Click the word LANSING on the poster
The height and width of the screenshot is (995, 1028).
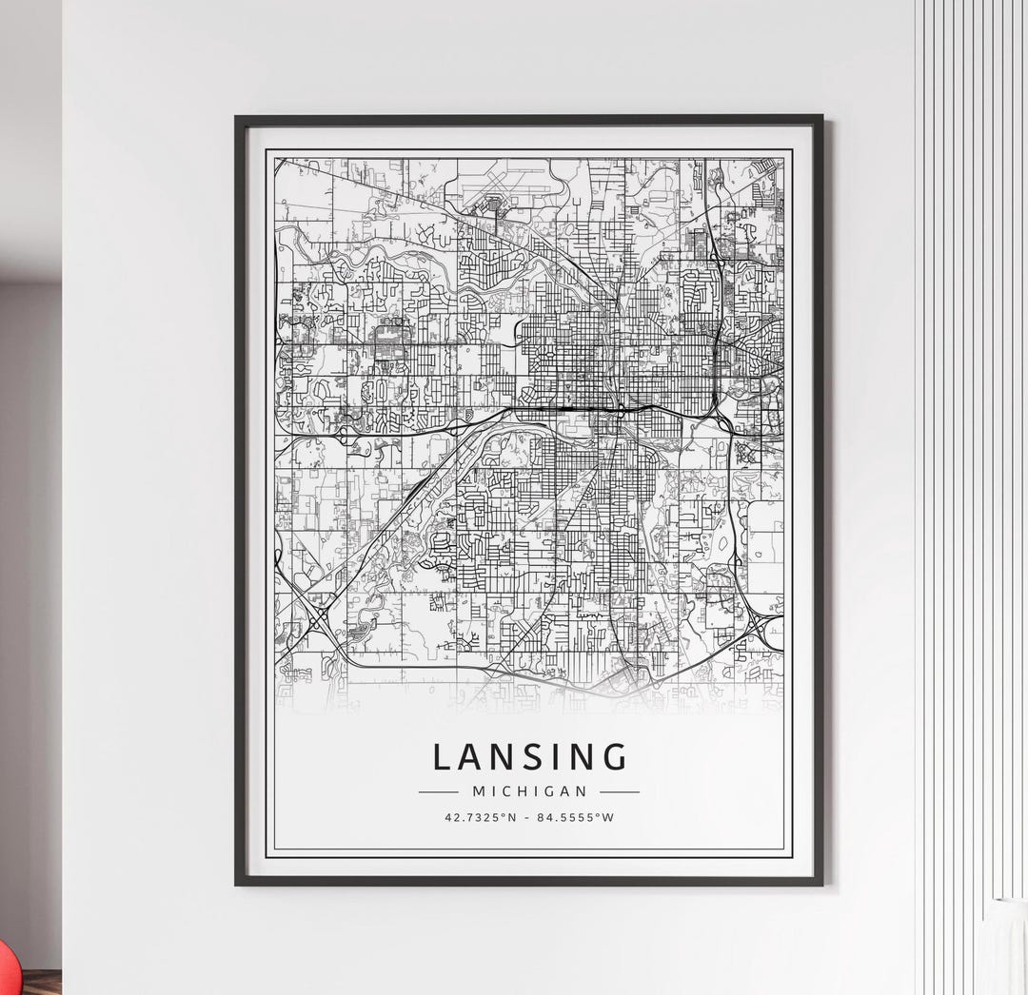530,757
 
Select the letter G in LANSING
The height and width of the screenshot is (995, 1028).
615,757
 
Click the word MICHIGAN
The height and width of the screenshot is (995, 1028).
529,791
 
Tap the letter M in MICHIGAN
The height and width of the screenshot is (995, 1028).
478,791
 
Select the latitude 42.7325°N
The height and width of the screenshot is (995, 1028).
480,817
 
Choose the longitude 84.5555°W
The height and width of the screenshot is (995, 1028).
575,817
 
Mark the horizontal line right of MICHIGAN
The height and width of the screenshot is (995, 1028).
620,791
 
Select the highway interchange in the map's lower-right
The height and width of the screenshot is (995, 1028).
761,628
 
